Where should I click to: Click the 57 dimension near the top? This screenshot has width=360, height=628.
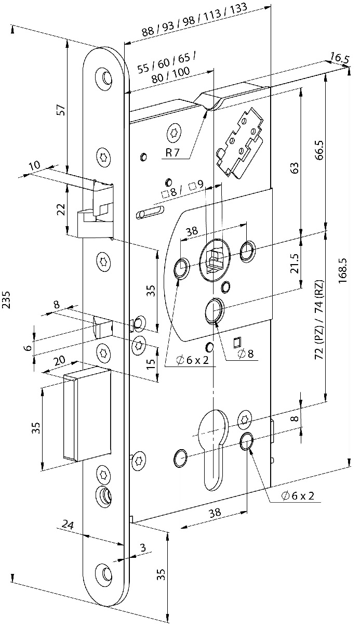point(61,111)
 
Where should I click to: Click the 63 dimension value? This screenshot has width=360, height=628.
point(294,168)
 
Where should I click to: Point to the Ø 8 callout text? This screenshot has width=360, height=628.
point(245,354)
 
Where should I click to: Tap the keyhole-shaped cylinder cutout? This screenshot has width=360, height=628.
point(212,447)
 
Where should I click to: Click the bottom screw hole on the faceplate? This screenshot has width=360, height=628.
point(106,574)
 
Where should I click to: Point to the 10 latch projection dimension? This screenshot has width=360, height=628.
point(34,165)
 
